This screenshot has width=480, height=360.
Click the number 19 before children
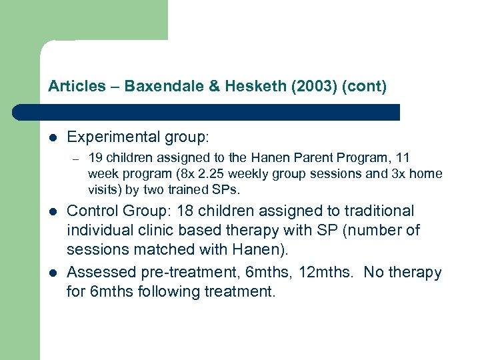(95, 158)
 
